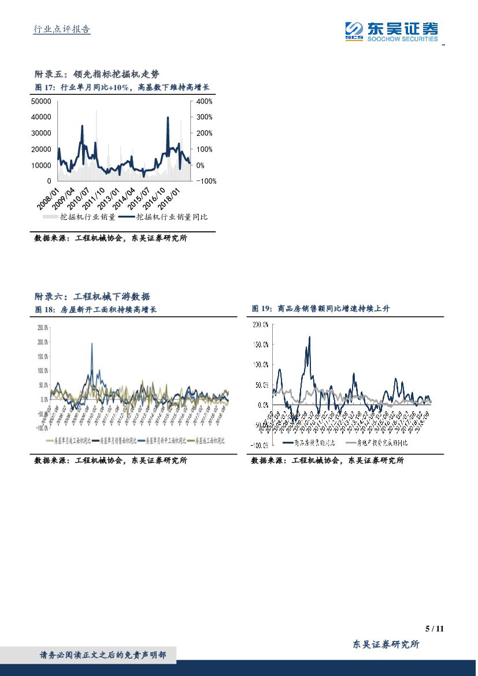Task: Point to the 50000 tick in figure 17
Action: pos(40,101)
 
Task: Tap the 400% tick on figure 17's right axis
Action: pos(205,101)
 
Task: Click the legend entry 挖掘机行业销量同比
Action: pos(172,217)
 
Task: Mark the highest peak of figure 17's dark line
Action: pos(168,117)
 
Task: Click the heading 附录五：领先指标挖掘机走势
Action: pos(97,74)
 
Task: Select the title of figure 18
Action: pos(96,309)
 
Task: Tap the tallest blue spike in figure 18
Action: pos(92,344)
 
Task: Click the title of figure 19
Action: pos(321,309)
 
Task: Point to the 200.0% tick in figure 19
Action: pos(260,324)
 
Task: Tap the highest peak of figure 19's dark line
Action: pos(309,337)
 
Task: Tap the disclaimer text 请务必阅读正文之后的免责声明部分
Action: pos(102,655)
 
